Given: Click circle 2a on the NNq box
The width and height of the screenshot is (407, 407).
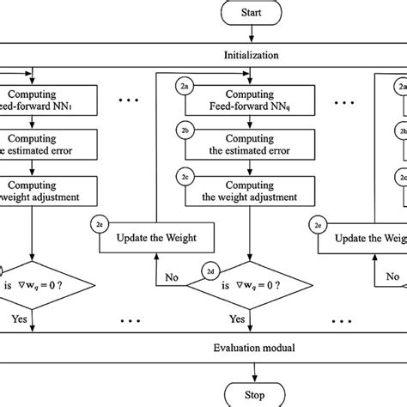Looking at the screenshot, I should [185, 86].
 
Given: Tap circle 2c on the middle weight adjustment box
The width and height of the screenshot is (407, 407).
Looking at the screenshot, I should [185, 173].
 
